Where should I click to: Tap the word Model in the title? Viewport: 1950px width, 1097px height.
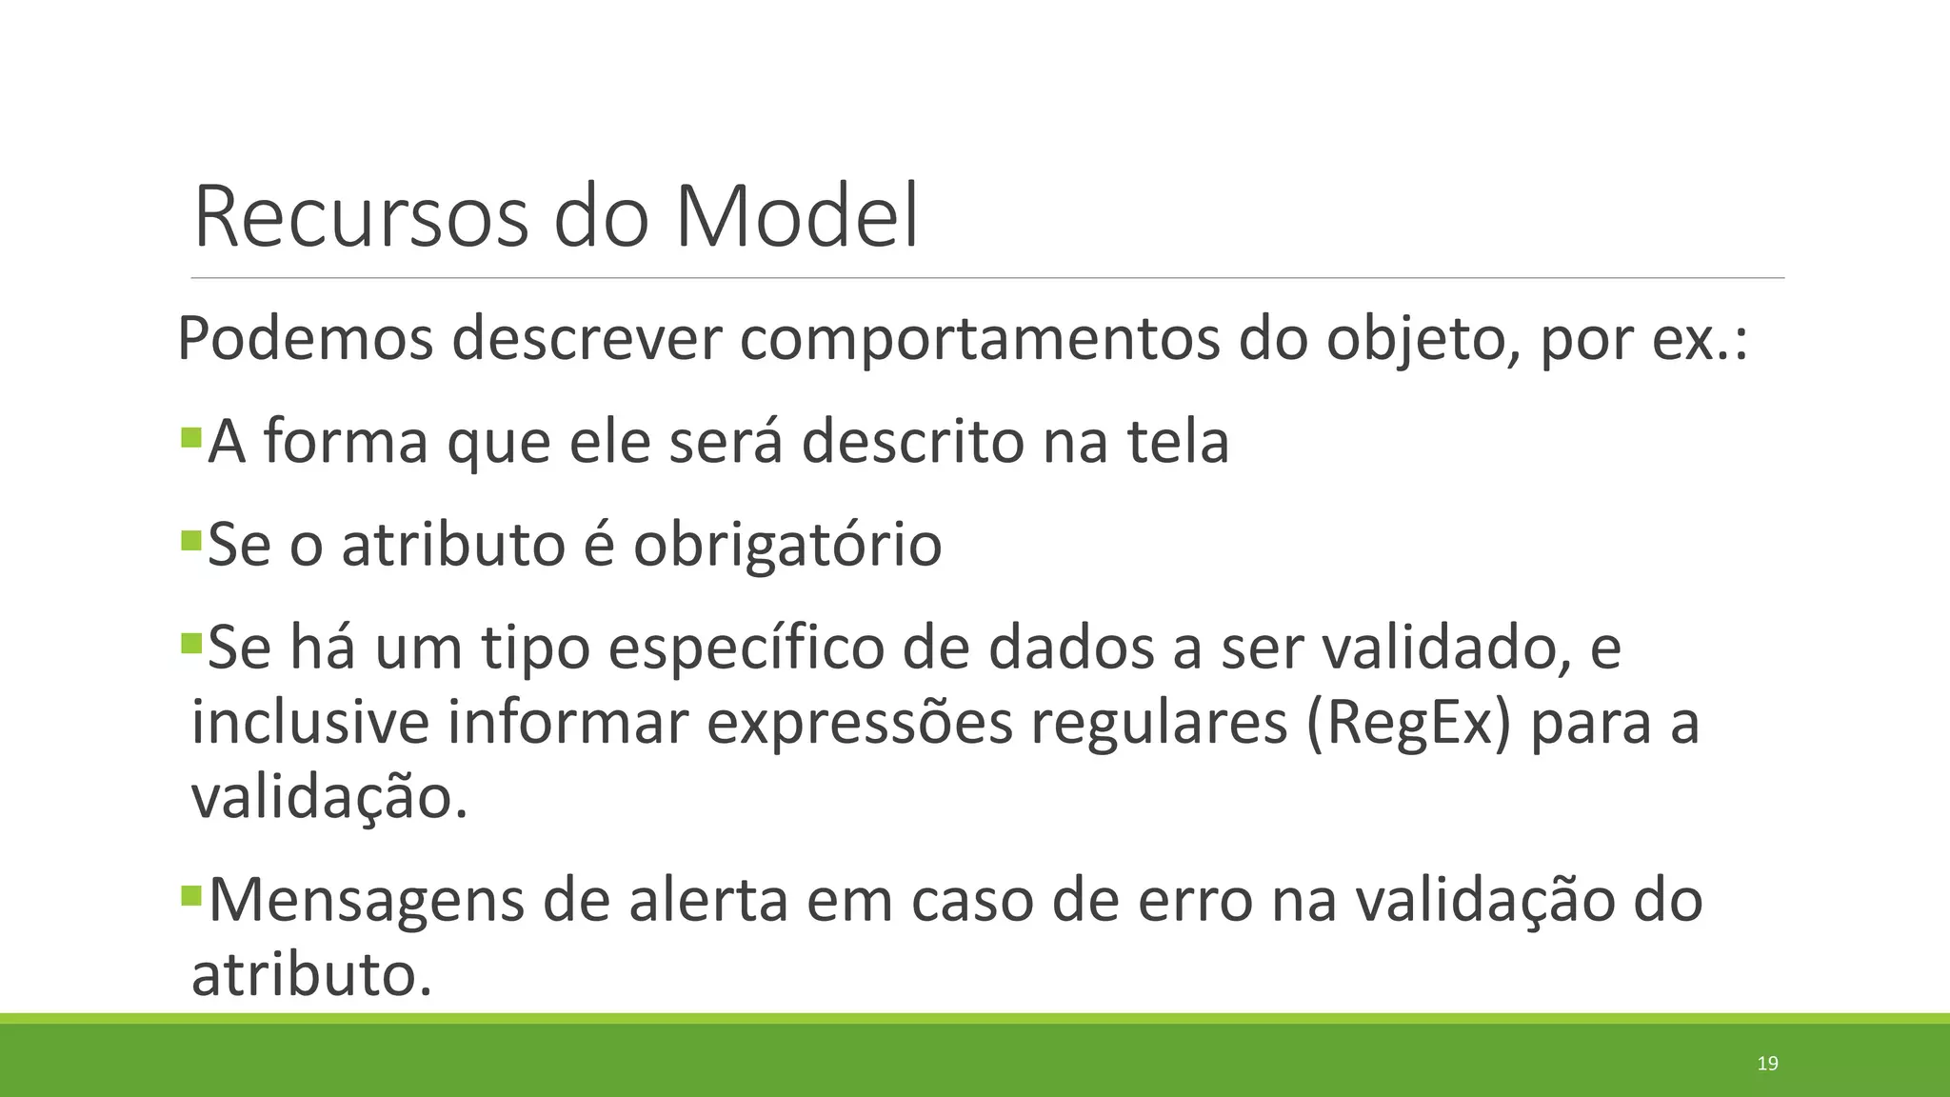[797, 217]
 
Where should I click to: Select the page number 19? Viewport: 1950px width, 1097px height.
[1767, 1064]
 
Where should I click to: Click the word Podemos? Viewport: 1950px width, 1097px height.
[306, 339]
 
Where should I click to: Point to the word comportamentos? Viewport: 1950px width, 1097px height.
[979, 339]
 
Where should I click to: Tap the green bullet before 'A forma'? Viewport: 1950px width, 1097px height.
[191, 438]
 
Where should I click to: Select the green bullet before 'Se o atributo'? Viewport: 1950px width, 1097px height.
[191, 541]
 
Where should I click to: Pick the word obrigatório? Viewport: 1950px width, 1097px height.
[787, 545]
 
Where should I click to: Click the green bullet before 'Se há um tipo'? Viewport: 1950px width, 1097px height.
[191, 644]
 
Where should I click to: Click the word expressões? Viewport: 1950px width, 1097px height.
[860, 724]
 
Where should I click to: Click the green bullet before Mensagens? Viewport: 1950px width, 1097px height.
[191, 895]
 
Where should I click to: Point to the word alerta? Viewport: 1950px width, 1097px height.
[708, 899]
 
